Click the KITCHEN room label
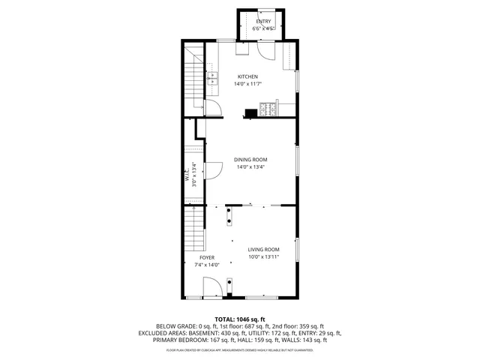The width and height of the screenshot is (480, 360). coord(247,76)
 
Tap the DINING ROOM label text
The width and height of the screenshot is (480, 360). coord(250,159)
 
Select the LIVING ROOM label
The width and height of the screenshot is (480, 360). coord(264,249)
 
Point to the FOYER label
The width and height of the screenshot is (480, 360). coord(206,257)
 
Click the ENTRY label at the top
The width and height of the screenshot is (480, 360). coord(263,22)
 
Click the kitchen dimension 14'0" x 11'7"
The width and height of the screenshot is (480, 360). coord(247,84)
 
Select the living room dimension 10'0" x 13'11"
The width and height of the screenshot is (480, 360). coord(264,256)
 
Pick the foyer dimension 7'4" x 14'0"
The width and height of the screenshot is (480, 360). coord(206,265)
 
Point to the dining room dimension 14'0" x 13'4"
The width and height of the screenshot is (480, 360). coord(250,166)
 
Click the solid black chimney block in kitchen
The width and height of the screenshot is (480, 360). coord(249,114)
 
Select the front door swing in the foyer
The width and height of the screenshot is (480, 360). coord(212,287)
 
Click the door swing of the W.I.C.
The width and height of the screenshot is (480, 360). coord(212,172)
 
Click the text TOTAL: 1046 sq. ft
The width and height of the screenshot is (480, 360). coord(240,319)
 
